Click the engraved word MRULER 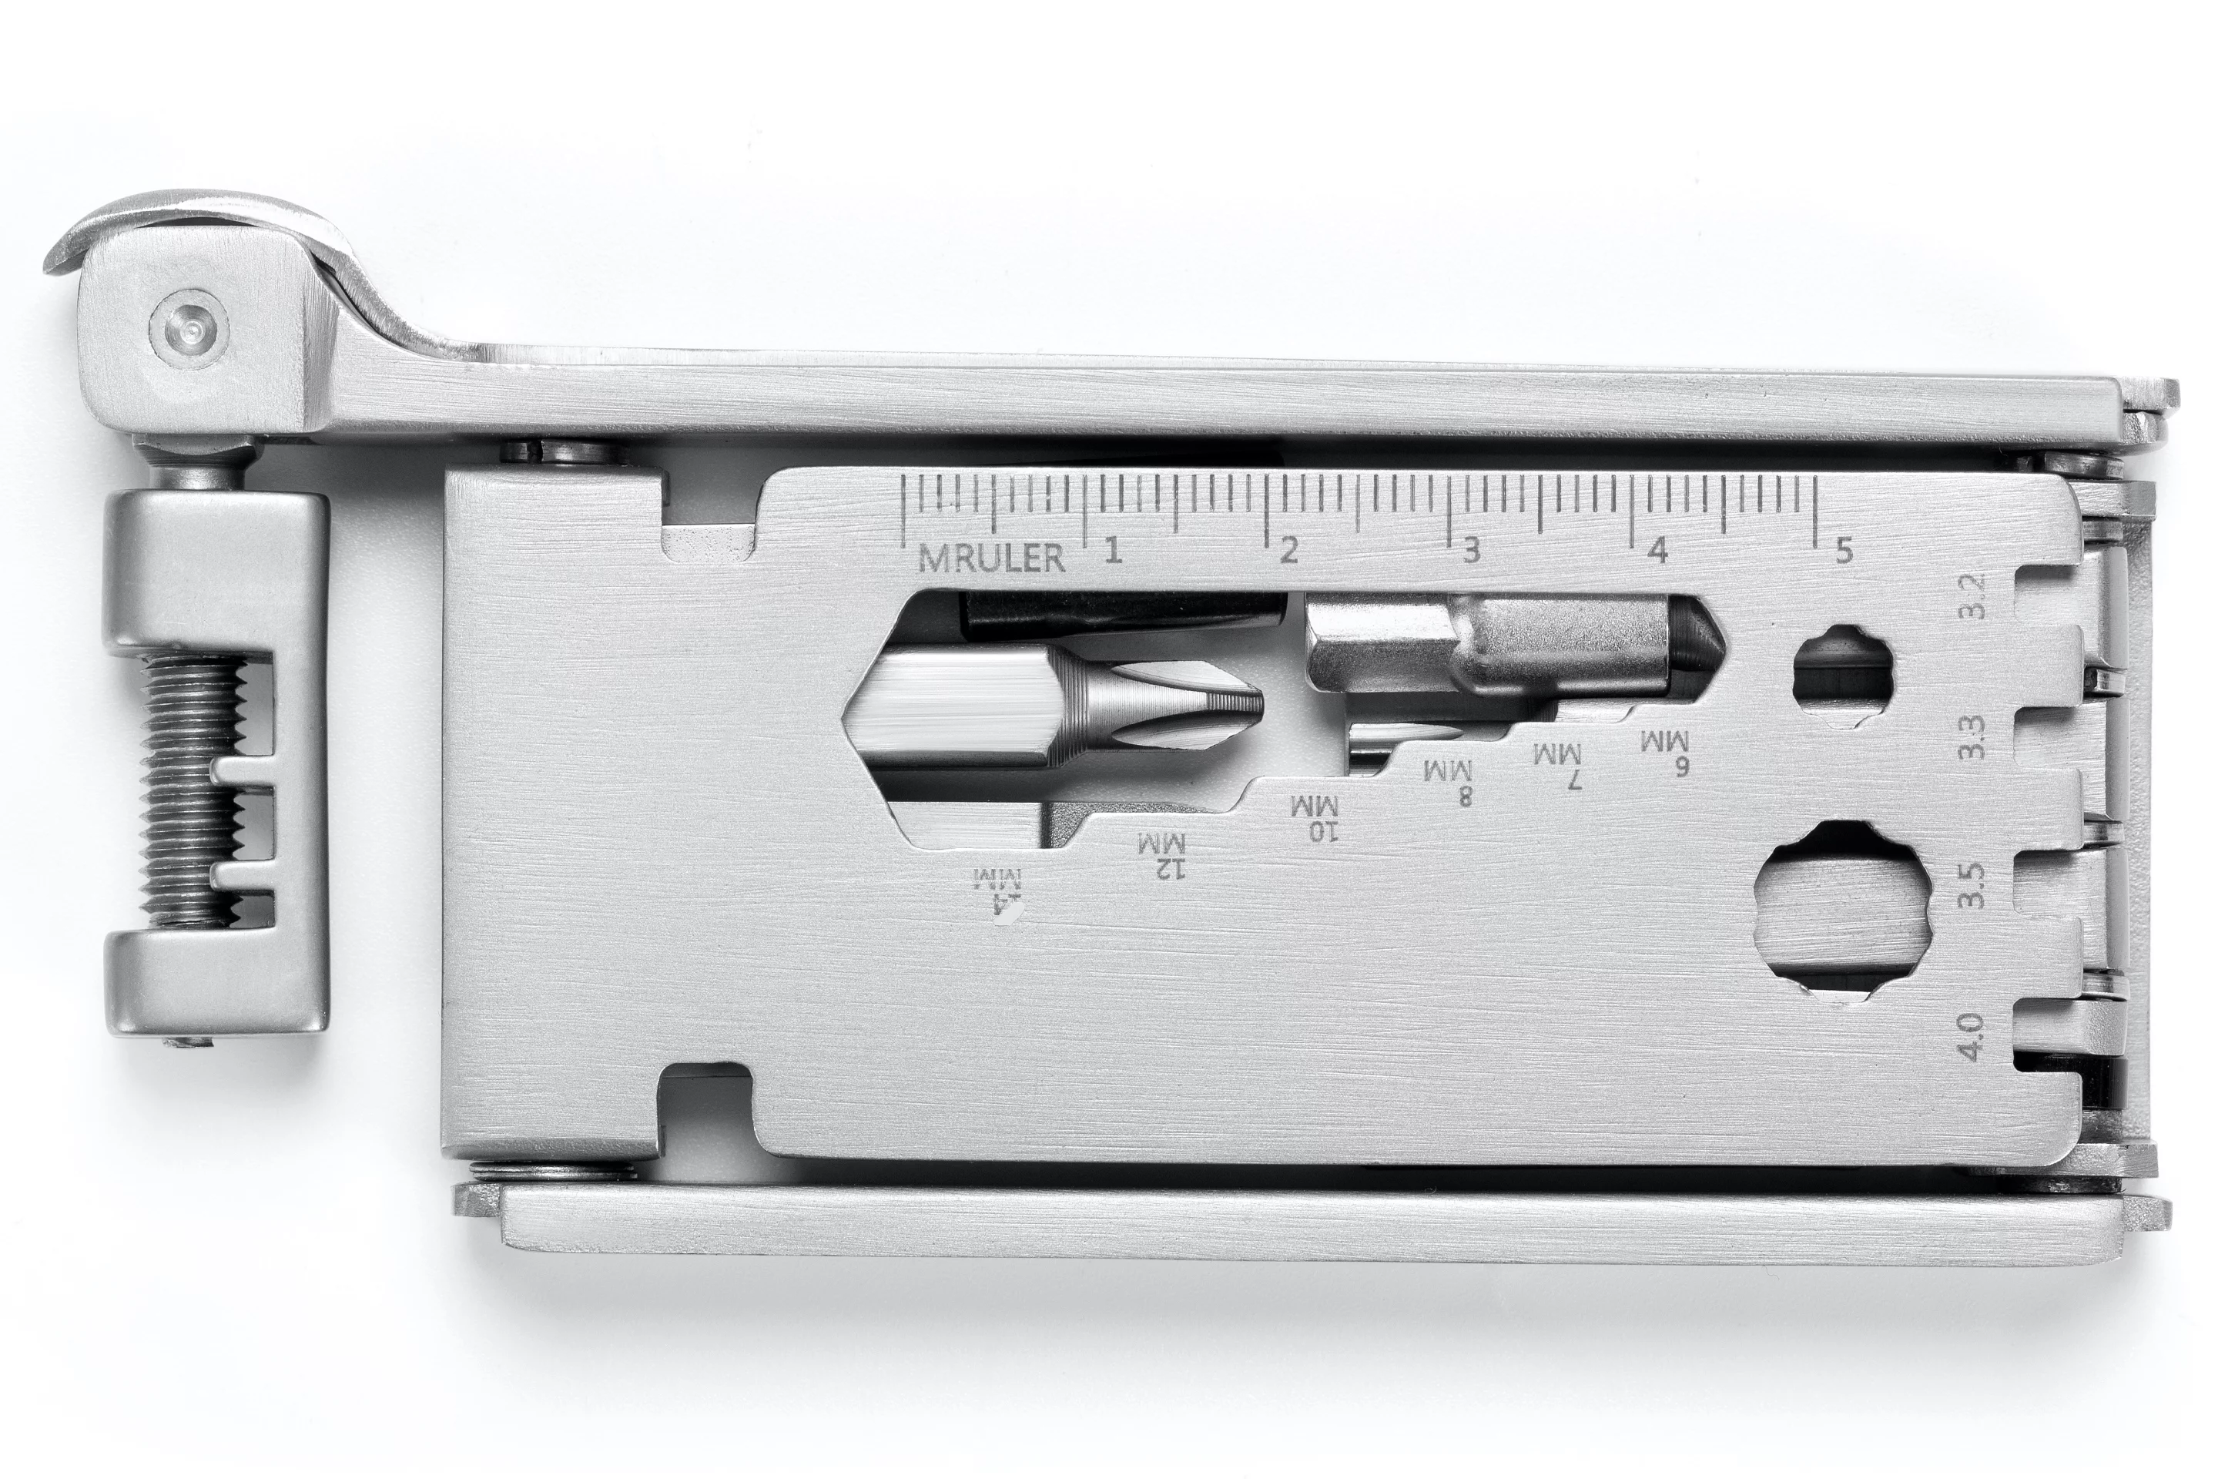[x=991, y=558]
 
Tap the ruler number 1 [x=1113, y=549]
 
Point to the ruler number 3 [x=1470, y=550]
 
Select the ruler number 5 [x=1843, y=550]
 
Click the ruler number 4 [x=1659, y=550]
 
